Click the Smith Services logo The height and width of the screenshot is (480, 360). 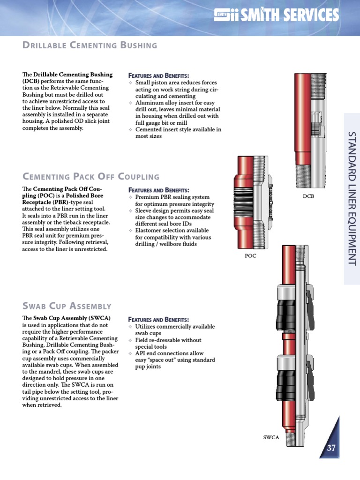(x=276, y=15)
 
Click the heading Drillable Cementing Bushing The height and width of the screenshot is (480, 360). (x=90, y=45)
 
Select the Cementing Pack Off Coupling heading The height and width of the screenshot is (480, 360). (x=91, y=177)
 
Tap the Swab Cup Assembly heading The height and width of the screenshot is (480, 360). (x=67, y=306)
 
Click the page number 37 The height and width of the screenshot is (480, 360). (x=331, y=448)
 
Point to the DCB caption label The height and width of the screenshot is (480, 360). (x=308, y=196)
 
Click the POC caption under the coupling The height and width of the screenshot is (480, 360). (x=251, y=256)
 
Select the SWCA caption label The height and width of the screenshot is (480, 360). (x=271, y=437)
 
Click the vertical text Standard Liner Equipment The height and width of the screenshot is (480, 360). (x=352, y=199)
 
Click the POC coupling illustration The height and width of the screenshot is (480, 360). (x=251, y=202)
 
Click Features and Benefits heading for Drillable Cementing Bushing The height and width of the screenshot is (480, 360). (x=158, y=75)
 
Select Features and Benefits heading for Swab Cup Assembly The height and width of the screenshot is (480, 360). (x=158, y=319)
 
